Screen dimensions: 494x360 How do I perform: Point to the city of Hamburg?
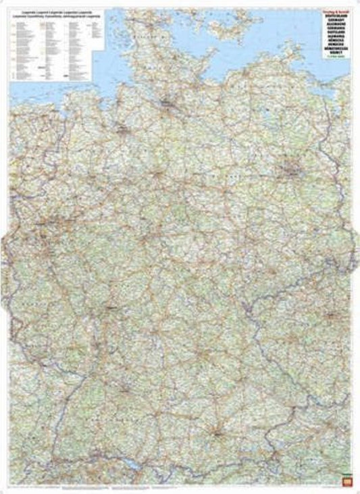[x=167, y=104]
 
